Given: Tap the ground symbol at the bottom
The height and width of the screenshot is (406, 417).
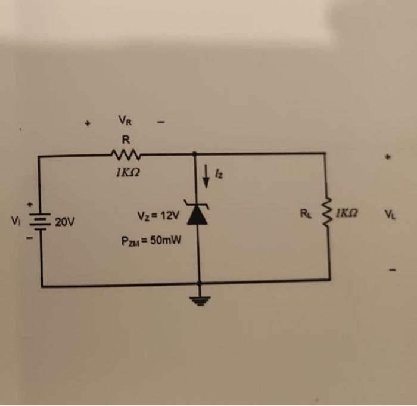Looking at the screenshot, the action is tap(198, 300).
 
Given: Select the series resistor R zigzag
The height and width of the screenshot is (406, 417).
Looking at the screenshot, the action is tap(124, 156).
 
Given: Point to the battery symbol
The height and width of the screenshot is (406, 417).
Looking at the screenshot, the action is tap(42, 222).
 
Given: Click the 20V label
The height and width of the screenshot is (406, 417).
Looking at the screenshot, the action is tap(65, 223).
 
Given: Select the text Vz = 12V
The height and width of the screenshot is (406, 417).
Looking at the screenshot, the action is tap(157, 215).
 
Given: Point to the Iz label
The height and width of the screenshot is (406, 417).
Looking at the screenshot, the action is tap(218, 173).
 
